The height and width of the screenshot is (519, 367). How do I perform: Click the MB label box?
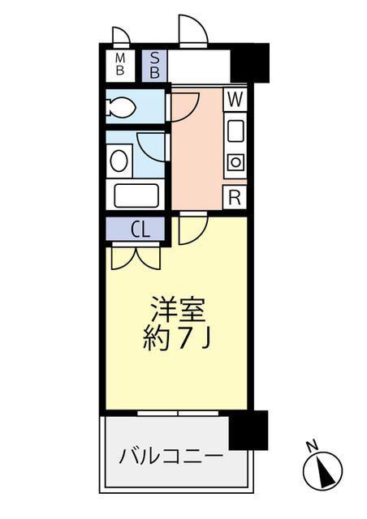point(119,63)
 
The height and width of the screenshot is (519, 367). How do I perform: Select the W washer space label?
point(234,100)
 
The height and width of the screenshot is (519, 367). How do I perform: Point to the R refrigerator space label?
point(234,197)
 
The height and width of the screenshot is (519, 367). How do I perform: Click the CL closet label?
point(140,229)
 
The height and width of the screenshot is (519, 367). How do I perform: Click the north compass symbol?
point(322,468)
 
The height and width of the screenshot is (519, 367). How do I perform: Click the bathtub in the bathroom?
point(137,195)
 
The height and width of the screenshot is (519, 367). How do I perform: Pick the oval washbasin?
point(119,159)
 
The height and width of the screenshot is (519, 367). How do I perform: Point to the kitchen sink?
point(234,130)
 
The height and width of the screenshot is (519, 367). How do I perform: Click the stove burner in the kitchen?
point(234,161)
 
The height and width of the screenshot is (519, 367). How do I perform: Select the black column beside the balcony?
point(248,430)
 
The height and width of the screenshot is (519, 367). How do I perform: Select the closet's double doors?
point(136,258)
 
